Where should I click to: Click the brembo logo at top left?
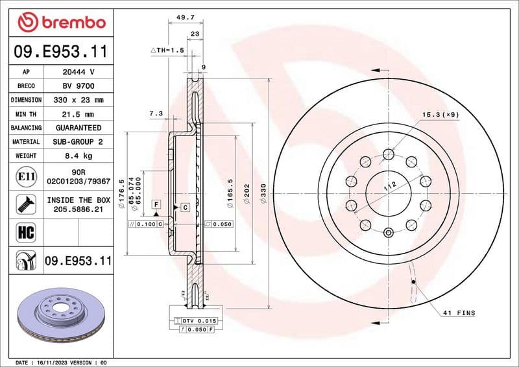(62, 23)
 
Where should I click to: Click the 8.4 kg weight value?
(78, 156)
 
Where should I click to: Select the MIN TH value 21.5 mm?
(78, 114)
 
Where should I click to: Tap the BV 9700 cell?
(78, 86)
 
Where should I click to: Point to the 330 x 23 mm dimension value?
(78, 101)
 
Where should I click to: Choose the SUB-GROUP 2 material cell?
(78, 142)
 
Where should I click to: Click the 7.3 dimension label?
(156, 113)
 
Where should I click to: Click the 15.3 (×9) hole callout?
(441, 115)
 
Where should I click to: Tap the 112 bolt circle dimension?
(389, 187)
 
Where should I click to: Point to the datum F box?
(156, 204)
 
